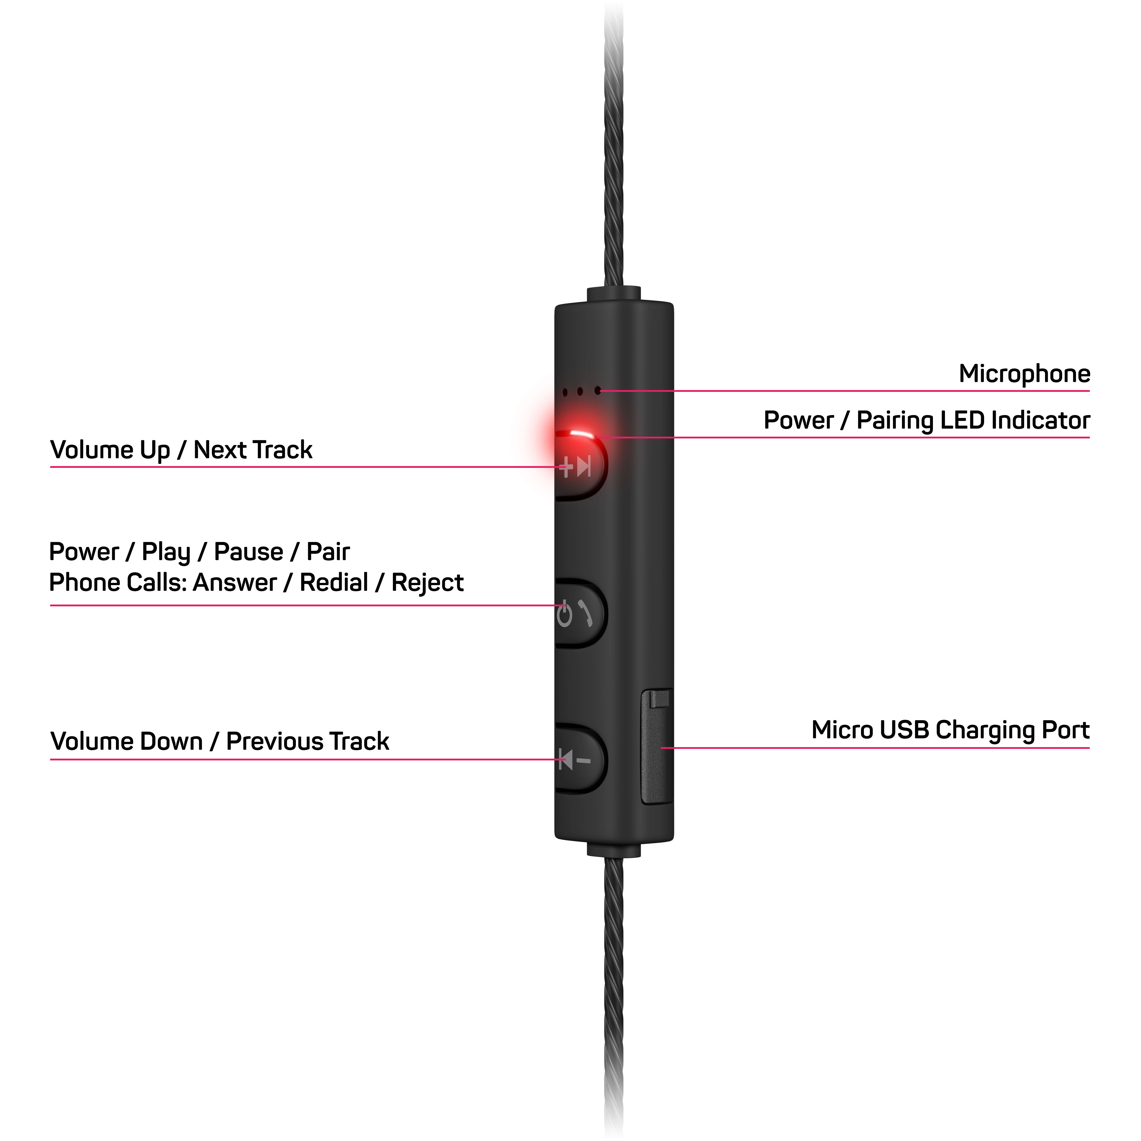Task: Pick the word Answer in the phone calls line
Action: [235, 583]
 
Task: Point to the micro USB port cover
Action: [657, 747]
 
